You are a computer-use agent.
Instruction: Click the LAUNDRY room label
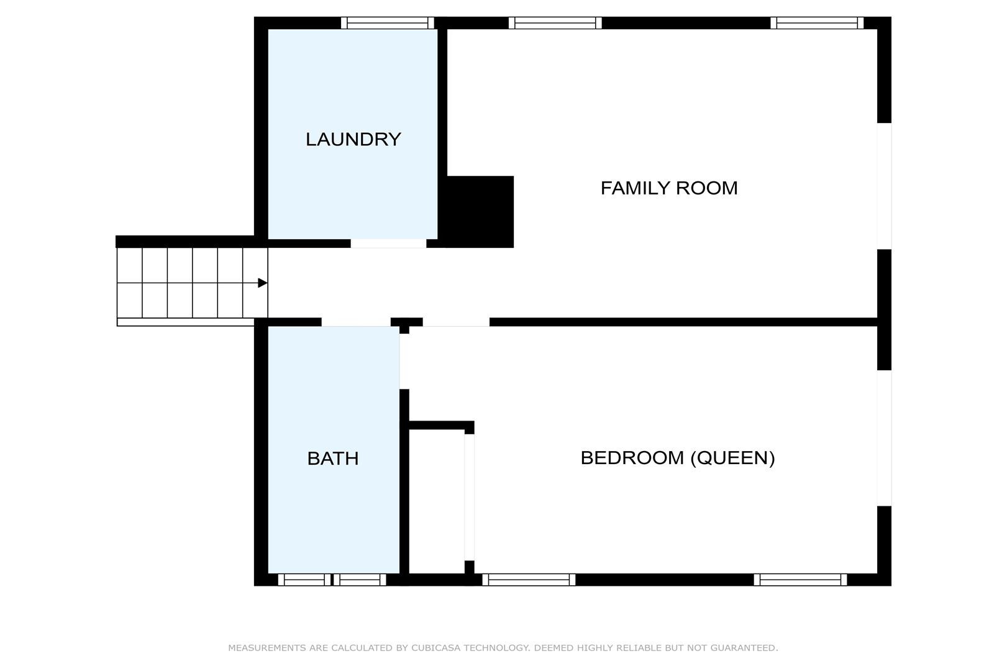click(353, 139)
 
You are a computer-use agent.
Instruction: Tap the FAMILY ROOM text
click(669, 188)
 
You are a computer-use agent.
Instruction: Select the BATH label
click(333, 459)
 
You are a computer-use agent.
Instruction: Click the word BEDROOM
click(632, 458)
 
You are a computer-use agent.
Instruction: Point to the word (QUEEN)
click(733, 459)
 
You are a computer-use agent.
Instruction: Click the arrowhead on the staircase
click(263, 283)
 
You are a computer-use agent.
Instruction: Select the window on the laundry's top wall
click(388, 23)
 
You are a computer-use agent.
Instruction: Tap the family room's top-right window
click(817, 23)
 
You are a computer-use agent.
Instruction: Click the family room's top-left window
click(555, 23)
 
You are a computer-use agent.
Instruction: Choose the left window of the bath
click(304, 580)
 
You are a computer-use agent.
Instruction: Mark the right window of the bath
click(360, 580)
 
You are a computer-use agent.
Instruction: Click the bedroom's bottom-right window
click(800, 580)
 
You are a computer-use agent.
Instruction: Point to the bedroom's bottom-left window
click(529, 580)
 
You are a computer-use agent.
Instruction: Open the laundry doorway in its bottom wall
click(388, 244)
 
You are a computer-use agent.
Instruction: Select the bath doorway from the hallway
click(356, 322)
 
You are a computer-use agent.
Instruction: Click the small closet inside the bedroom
click(437, 501)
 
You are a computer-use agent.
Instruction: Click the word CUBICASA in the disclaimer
click(435, 648)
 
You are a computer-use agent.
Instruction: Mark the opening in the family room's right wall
click(884, 186)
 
